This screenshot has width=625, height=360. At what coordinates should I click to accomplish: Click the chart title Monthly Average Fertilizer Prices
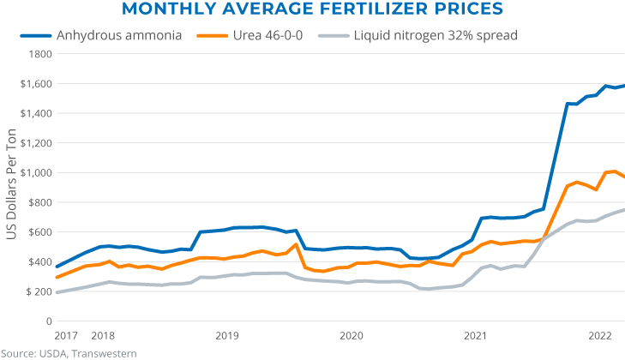312,10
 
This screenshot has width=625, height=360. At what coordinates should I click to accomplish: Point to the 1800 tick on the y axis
39,53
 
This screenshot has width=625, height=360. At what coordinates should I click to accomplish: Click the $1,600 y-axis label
36,83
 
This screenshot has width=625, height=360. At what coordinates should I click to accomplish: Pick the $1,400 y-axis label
36,113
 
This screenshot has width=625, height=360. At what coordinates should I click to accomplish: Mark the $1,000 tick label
36,172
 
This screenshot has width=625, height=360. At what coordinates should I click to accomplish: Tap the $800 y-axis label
39,202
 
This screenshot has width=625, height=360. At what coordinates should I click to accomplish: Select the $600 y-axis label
39,232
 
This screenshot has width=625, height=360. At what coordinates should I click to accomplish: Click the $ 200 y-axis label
38,291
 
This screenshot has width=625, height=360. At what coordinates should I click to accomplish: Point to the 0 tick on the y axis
48,321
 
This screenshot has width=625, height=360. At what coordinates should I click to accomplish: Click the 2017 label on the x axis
66,335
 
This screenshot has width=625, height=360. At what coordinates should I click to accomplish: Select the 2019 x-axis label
226,335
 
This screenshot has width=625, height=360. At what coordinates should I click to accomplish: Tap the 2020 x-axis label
351,335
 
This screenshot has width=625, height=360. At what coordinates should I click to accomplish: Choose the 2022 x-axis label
600,335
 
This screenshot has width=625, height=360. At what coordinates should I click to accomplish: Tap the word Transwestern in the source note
105,352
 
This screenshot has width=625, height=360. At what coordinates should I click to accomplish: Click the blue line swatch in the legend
36,36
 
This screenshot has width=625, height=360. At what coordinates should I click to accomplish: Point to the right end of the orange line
623,177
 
